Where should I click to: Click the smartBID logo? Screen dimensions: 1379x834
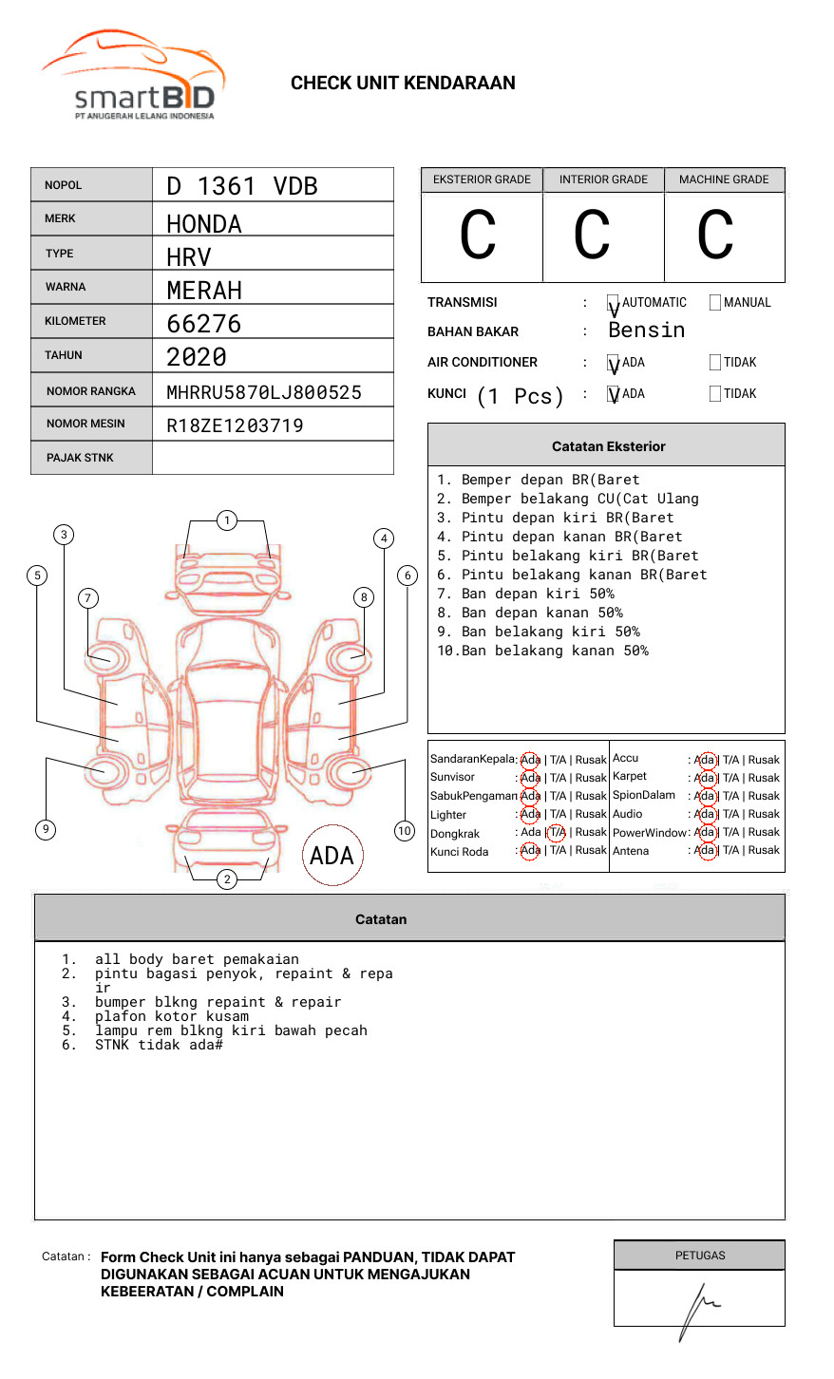(133, 77)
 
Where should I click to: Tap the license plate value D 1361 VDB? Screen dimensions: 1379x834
(242, 186)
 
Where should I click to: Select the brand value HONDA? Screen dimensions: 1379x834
(204, 224)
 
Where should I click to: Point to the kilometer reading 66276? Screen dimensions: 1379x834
(204, 324)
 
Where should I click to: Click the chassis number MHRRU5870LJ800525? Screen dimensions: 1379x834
(264, 392)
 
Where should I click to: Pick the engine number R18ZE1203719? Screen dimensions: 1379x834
(235, 425)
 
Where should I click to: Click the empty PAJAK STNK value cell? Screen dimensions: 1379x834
(273, 458)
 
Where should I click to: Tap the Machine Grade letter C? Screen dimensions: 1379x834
(715, 236)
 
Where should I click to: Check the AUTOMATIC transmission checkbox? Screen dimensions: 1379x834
(614, 303)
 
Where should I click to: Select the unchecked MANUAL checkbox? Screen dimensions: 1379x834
(715, 303)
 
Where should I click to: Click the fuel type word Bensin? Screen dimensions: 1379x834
(646, 331)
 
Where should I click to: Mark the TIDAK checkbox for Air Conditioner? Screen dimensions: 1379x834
(715, 363)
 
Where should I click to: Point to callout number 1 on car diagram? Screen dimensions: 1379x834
(226, 519)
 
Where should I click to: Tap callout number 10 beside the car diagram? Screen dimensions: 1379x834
(405, 831)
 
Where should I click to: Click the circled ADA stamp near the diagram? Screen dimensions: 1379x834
(332, 855)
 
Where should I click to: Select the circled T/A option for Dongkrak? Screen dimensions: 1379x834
(557, 833)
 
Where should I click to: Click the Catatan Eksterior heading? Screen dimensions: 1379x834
(608, 446)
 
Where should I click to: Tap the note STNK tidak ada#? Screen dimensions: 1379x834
(159, 1045)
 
